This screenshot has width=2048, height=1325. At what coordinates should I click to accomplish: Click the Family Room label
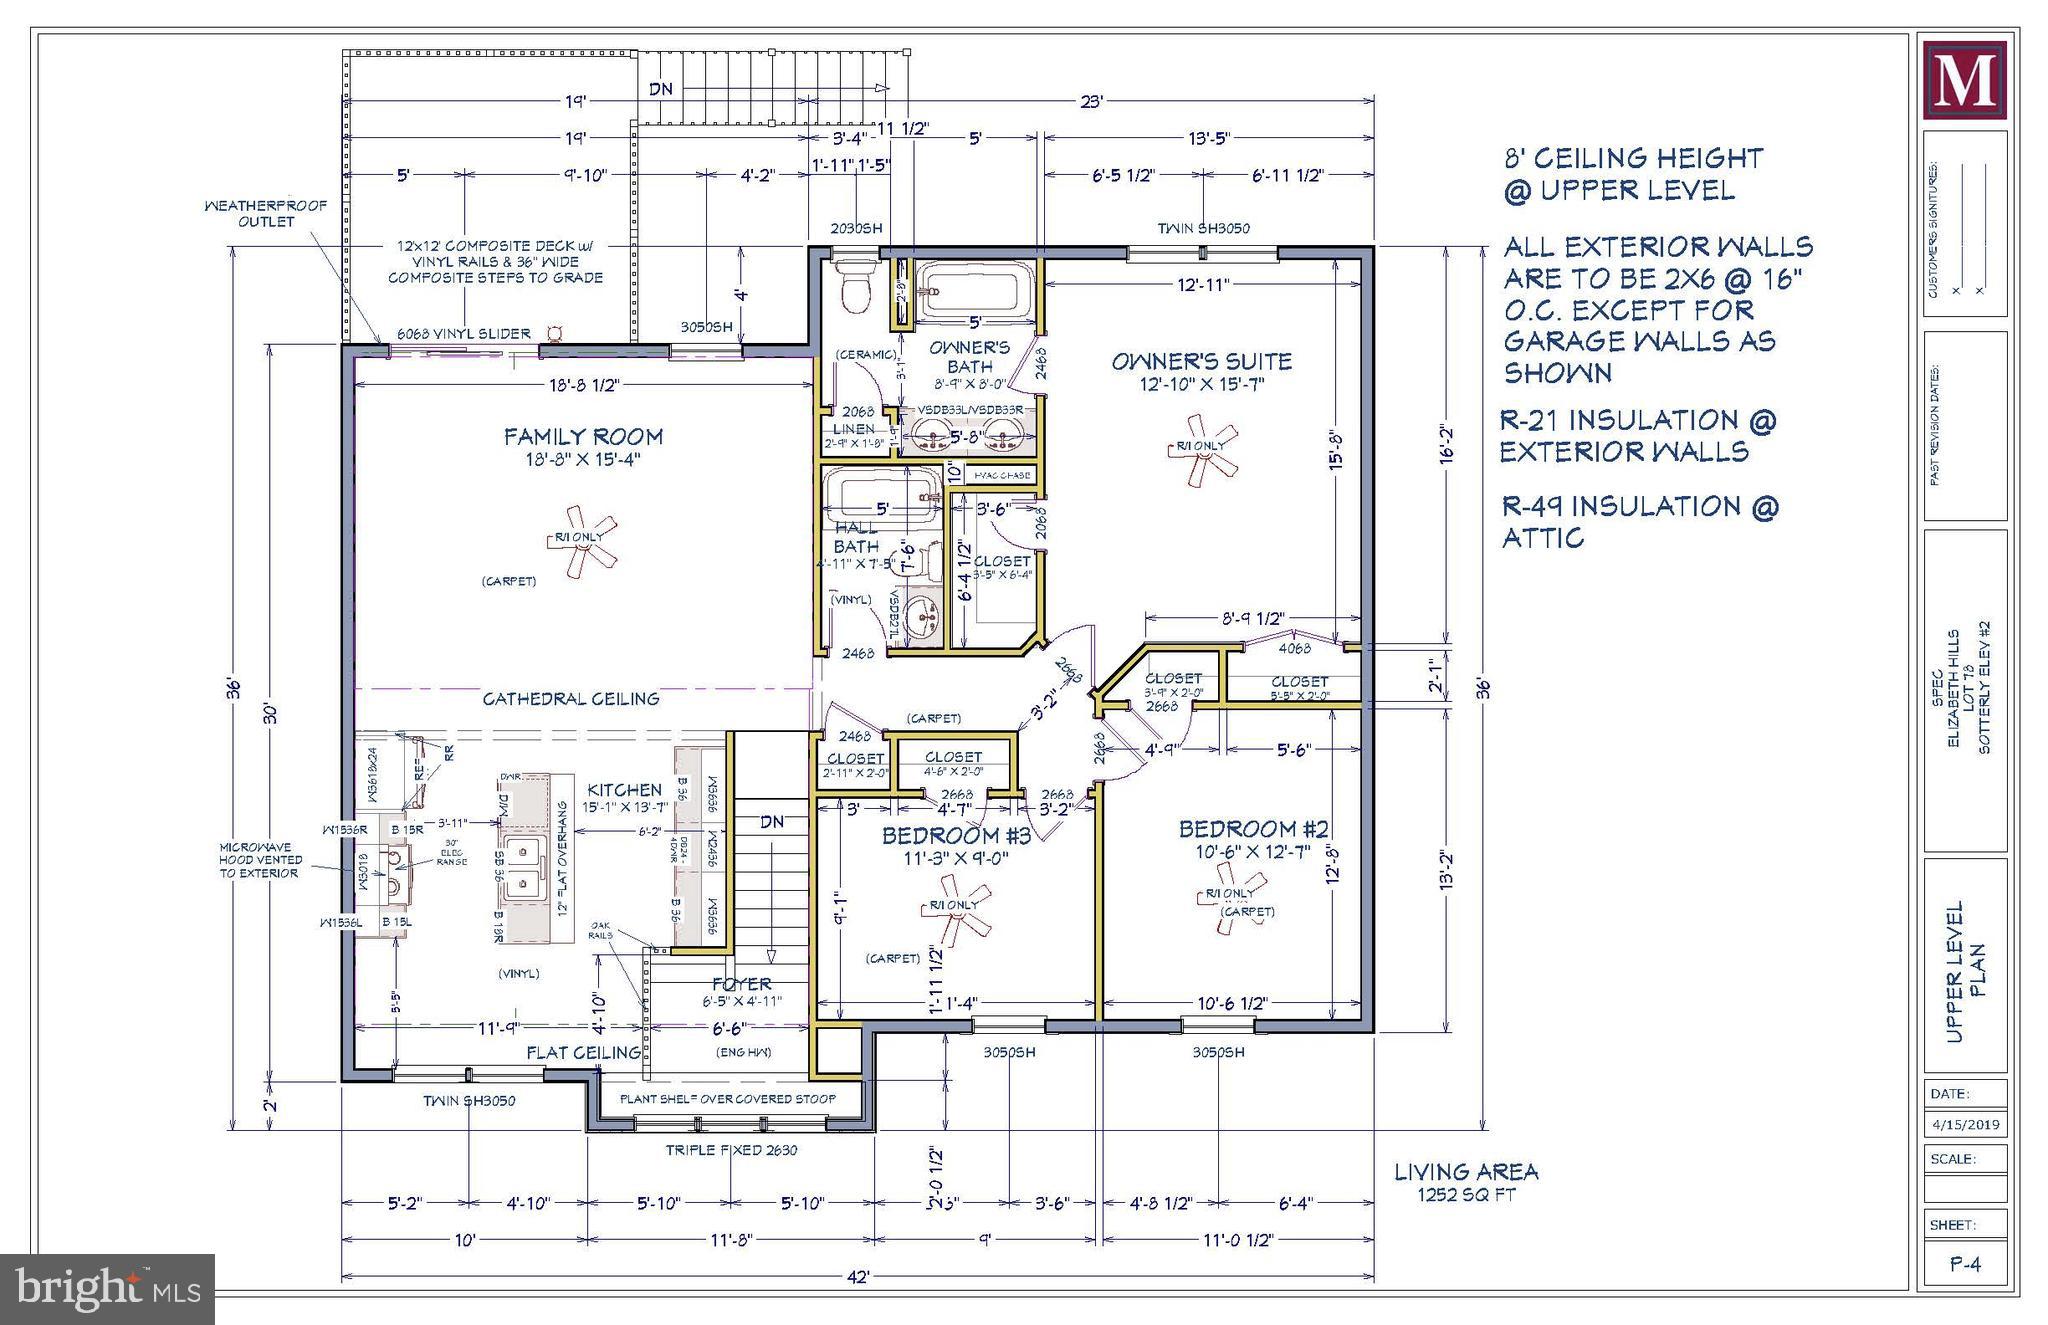[x=582, y=437]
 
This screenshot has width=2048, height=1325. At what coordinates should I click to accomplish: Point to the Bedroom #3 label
[x=955, y=835]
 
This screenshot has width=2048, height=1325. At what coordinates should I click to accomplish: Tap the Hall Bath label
[x=856, y=536]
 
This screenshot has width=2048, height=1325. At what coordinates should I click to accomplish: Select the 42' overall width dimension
[x=857, y=1277]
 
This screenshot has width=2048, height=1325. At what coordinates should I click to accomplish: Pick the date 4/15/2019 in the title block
[x=1965, y=1124]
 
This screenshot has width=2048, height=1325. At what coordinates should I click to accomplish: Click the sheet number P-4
[x=1965, y=1264]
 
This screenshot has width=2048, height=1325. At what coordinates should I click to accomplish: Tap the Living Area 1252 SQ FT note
[x=1466, y=1181]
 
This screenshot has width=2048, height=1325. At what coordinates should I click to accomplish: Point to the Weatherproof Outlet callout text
[x=265, y=214]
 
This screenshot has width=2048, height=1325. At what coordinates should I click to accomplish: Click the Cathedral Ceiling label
[x=570, y=699]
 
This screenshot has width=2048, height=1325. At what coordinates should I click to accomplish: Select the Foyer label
[x=741, y=984]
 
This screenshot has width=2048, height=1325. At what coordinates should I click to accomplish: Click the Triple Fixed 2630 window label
[x=731, y=1150]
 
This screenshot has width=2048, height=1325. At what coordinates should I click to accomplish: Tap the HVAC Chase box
[x=1002, y=476]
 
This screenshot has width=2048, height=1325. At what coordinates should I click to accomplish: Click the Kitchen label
[x=624, y=790]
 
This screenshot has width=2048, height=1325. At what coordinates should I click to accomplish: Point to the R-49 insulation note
[x=1639, y=521]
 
